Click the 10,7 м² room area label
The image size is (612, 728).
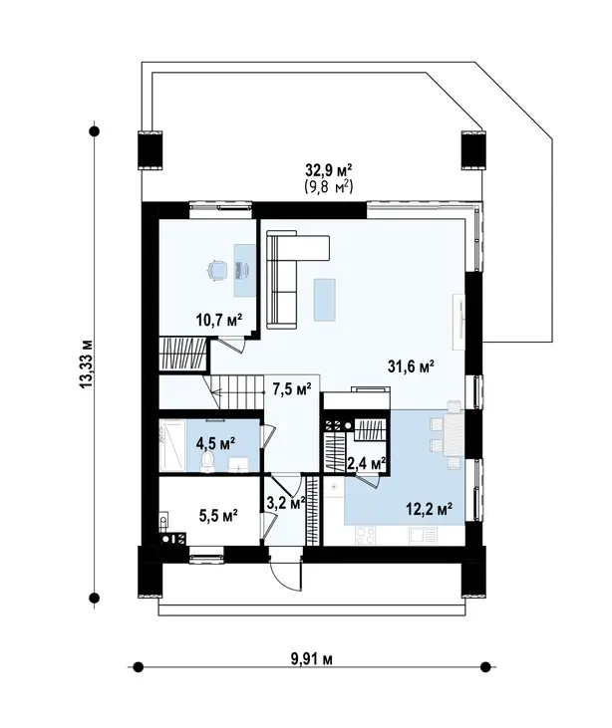tap(219, 320)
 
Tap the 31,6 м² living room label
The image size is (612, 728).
tap(411, 366)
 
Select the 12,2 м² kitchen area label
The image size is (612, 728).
tap(430, 509)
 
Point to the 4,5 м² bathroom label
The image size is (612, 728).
tap(215, 443)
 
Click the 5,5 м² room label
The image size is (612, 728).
tap(218, 515)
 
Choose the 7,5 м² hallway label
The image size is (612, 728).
tap(292, 389)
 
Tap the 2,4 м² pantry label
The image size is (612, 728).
tap(367, 463)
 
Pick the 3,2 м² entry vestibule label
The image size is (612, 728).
tap(286, 502)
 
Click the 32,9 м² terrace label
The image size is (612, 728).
tap(329, 170)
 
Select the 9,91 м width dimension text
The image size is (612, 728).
tap(312, 659)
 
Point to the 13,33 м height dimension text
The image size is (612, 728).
tap(87, 364)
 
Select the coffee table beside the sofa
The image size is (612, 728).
tap(324, 300)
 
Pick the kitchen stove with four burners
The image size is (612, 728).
tap(365, 535)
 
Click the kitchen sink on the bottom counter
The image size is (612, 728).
tap(423, 536)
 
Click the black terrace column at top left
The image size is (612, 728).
tap(151, 149)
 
